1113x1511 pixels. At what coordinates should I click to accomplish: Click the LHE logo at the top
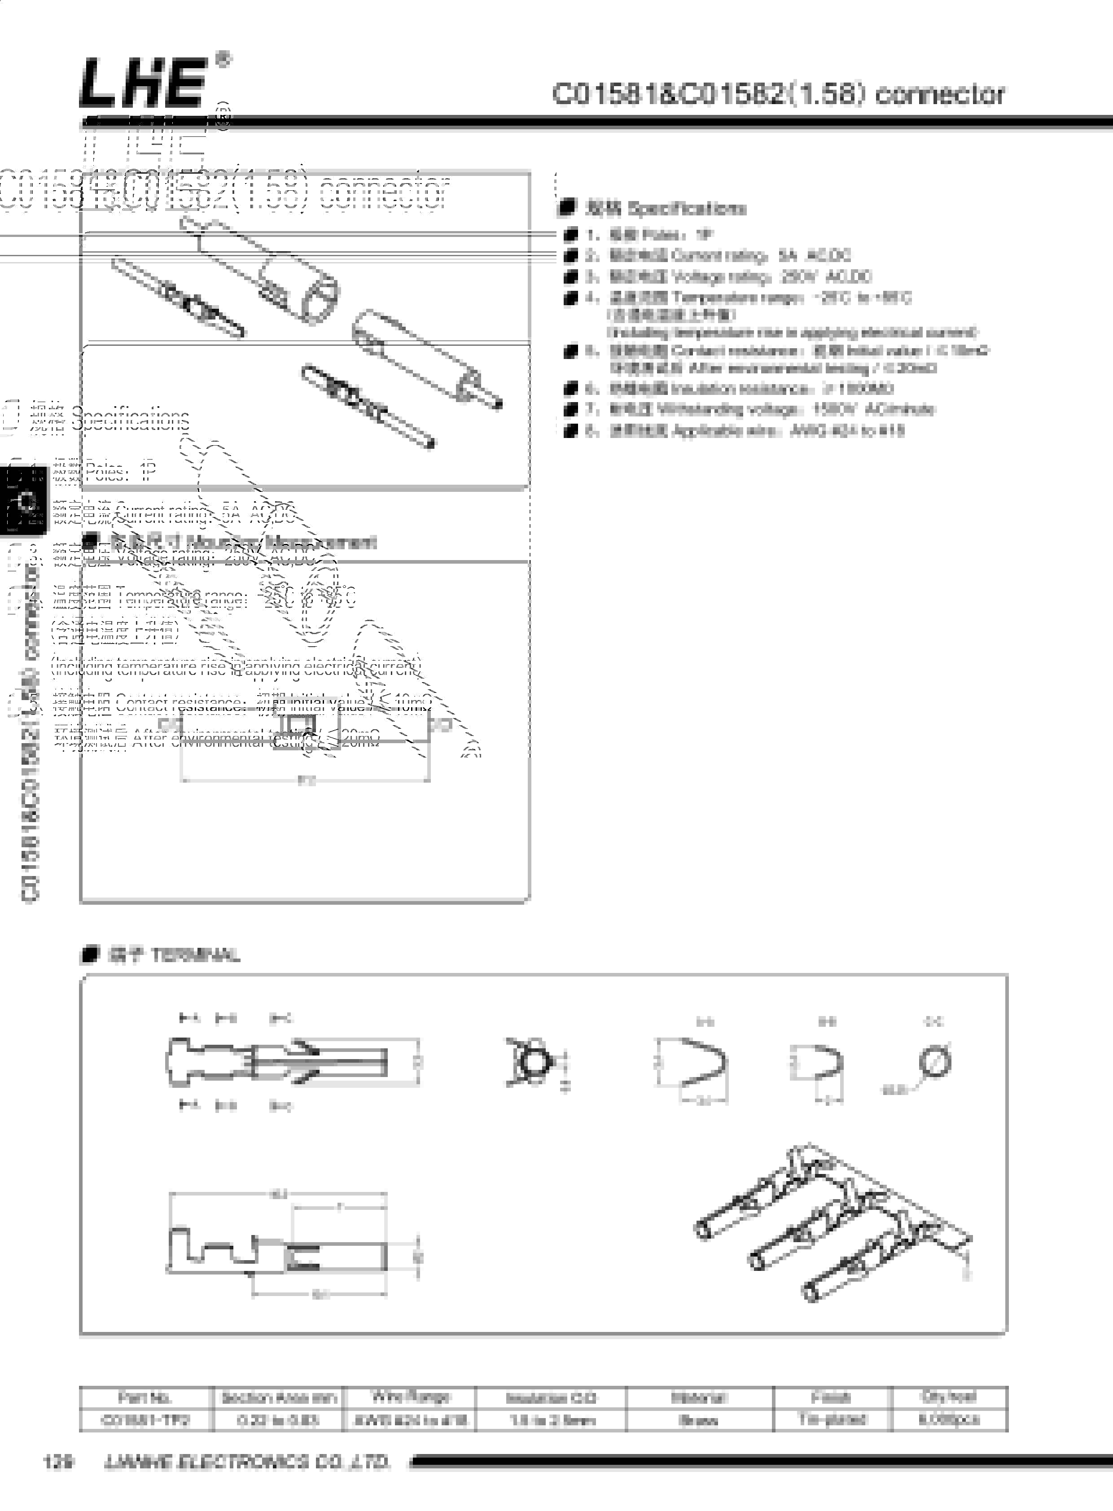143,83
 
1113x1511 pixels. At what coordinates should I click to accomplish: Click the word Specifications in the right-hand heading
687,208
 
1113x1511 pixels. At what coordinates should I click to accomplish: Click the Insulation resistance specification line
751,389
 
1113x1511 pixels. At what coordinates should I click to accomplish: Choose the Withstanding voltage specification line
772,410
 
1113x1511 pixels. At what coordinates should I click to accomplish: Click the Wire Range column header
410,1397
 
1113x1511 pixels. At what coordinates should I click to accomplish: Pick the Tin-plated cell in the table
832,1419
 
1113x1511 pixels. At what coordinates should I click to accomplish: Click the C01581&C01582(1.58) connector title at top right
778,94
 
